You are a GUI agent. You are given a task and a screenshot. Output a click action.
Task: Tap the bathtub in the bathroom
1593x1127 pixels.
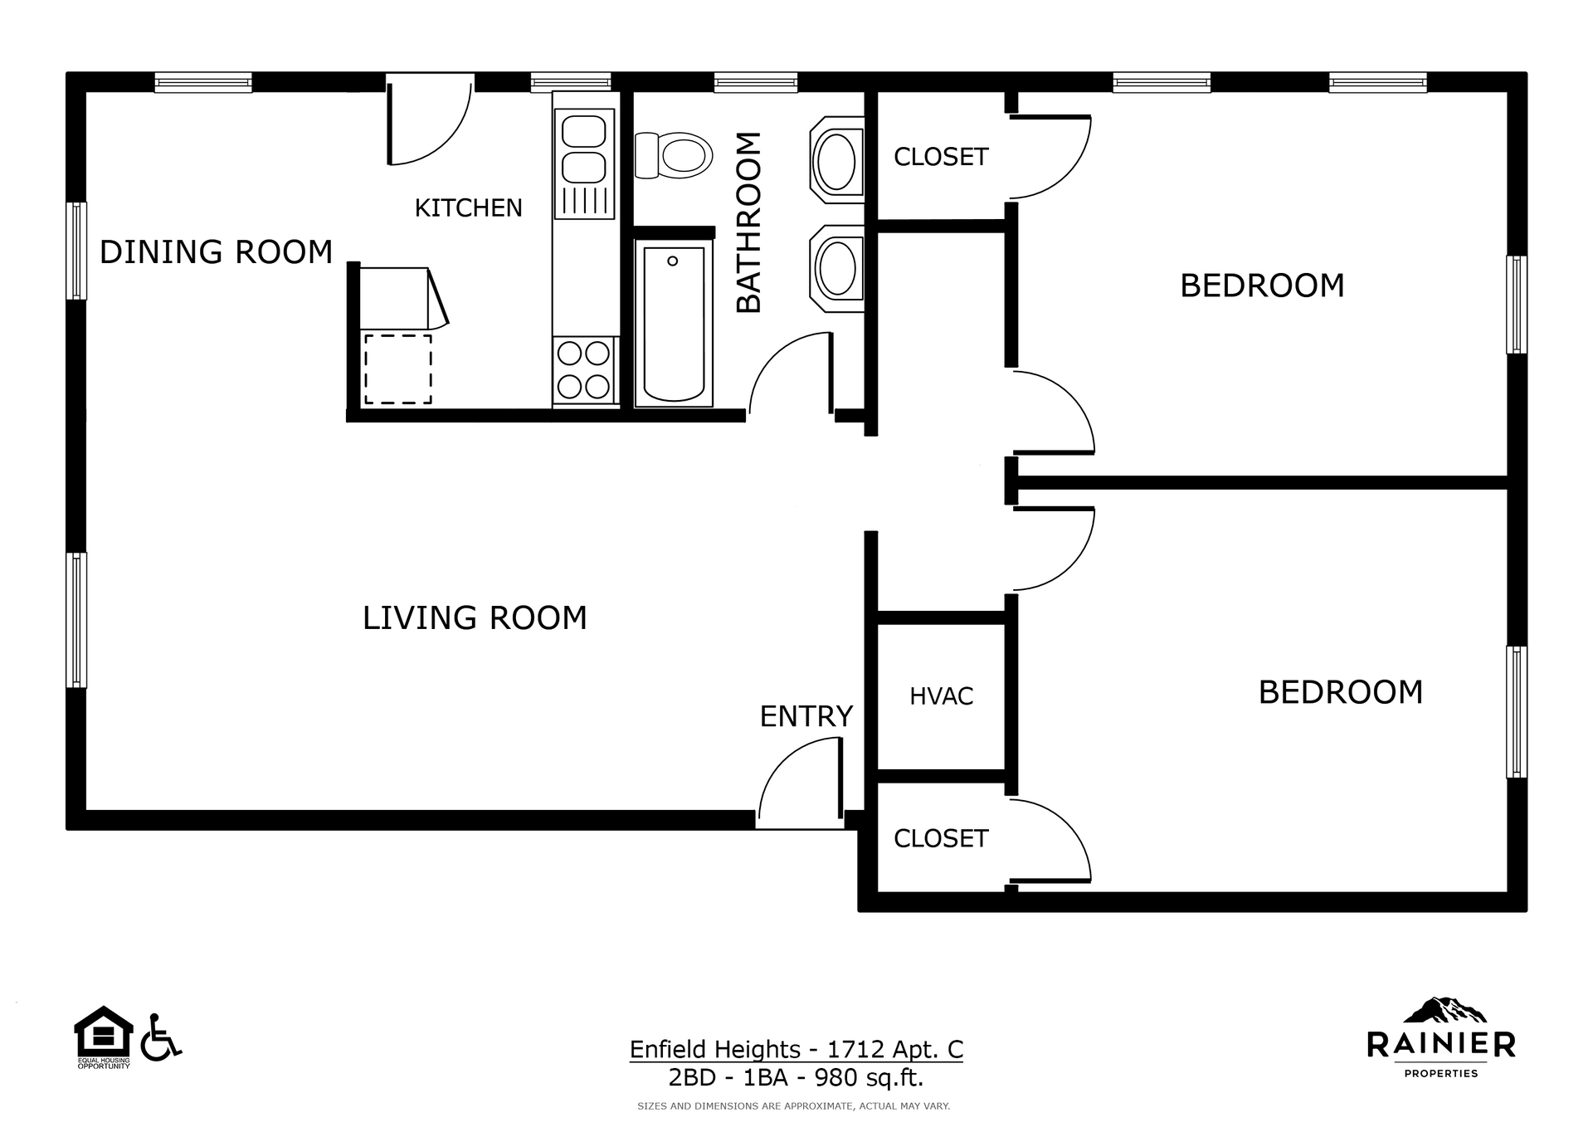673,324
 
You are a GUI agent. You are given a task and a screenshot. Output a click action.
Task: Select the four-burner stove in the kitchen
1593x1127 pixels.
584,370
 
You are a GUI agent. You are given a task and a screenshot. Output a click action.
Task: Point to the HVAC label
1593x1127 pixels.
941,696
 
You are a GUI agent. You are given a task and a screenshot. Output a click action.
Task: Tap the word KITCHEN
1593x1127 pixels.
468,208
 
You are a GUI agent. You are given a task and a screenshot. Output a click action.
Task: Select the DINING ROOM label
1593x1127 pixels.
216,252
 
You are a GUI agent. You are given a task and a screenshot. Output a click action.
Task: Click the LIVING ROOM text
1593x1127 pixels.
475,618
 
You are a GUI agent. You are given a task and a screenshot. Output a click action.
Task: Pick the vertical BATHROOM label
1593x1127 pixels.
748,222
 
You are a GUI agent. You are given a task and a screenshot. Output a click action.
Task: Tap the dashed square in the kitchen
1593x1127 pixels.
397,369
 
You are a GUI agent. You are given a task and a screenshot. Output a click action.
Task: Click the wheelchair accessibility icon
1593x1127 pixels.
160,1037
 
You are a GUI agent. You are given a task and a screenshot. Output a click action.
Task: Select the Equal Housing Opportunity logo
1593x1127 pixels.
104,1036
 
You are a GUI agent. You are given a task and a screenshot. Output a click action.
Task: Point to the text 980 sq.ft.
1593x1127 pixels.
869,1078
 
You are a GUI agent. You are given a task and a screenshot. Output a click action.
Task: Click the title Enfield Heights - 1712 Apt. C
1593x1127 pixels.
796,1050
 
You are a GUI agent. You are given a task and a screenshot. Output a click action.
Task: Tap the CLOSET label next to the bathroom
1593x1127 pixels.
941,157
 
